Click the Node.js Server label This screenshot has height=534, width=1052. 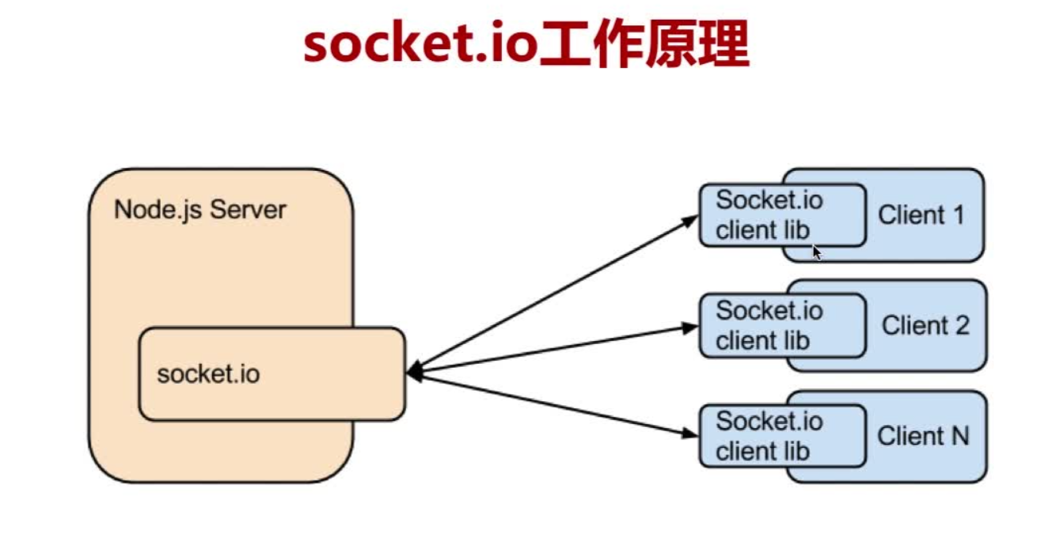tap(199, 210)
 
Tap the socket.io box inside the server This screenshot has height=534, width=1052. tap(272, 373)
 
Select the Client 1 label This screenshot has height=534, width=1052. tap(921, 214)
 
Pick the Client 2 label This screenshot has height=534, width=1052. tap(925, 325)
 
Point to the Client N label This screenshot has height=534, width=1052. tap(923, 435)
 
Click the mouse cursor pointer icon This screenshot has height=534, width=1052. tap(817, 252)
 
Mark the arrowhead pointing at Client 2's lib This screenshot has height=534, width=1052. tap(690, 327)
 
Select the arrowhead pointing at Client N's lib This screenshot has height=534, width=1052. tap(690, 433)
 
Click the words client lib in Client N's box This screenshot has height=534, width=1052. tap(762, 452)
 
